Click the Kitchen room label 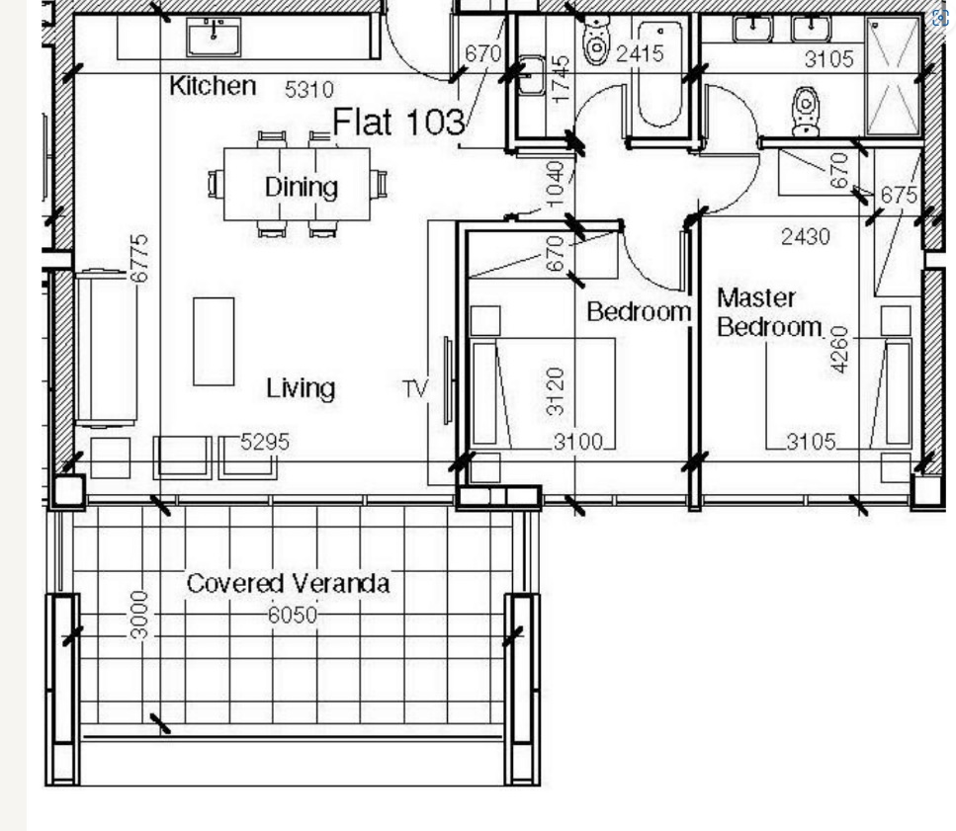tap(213, 85)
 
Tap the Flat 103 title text tap(398, 122)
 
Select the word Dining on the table tap(302, 187)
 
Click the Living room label tap(301, 388)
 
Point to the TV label tap(416, 388)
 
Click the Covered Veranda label tap(288, 583)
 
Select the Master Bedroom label tap(769, 312)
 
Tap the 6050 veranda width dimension tap(293, 616)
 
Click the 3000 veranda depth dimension tap(139, 615)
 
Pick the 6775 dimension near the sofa tap(139, 258)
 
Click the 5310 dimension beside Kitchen tap(309, 90)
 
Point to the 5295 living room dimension tap(265, 442)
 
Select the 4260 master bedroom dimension tap(839, 349)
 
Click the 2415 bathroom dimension tap(640, 53)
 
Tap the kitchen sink tap(214, 37)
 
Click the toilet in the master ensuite tap(806, 112)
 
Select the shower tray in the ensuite tap(893, 76)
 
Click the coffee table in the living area tap(214, 342)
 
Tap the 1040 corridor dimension tap(555, 184)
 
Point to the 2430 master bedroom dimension tap(806, 236)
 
